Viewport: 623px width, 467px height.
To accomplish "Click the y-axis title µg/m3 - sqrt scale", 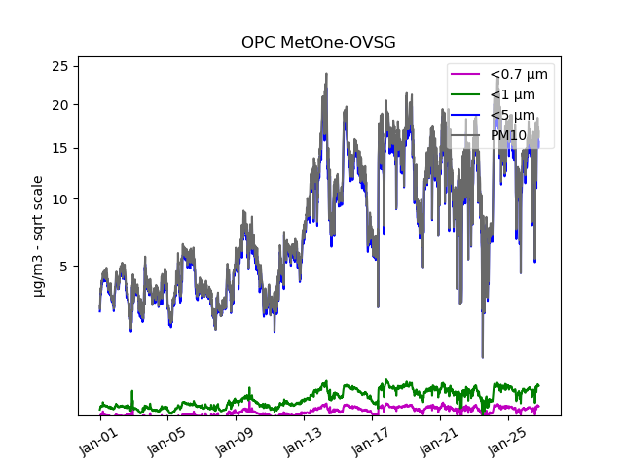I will point(37,235).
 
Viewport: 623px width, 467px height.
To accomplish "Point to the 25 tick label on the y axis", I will point(59,65).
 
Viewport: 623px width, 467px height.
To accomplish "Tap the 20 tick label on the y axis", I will point(59,105).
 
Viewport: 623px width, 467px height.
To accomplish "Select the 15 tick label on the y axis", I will point(59,149).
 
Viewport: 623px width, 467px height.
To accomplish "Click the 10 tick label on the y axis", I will point(59,199).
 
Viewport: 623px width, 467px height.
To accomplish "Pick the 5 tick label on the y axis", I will point(63,266).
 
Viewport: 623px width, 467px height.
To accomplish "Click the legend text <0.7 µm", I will point(519,75).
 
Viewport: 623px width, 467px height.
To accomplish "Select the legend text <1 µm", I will point(513,95).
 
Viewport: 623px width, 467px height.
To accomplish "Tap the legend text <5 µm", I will point(513,116).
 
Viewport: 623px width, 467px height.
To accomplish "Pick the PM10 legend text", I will point(509,135).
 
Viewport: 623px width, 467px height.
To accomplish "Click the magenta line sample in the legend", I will point(467,75).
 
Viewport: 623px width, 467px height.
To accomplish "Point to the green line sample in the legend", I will point(467,95).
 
